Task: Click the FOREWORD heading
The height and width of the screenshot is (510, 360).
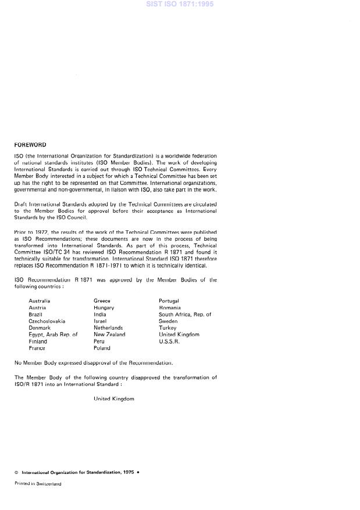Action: point(30,145)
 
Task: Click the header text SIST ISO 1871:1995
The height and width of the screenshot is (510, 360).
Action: point(180,4)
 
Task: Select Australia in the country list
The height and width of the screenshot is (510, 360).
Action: point(40,301)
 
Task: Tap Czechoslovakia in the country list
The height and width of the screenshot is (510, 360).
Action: point(47,321)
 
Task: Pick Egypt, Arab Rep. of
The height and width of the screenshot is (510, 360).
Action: point(53,334)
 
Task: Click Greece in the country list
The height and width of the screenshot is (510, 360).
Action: point(102,301)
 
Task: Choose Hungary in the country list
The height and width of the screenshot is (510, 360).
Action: point(104,308)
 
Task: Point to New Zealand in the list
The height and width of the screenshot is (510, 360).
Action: point(109,334)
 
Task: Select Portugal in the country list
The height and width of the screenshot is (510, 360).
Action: point(169,301)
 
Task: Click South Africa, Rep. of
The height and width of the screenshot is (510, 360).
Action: point(185,314)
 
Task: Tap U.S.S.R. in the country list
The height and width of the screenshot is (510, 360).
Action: point(170,341)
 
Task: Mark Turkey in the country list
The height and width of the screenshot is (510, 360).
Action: point(167,328)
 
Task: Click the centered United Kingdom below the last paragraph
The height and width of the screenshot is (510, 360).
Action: point(114,399)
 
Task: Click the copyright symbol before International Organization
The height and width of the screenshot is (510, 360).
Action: point(16,472)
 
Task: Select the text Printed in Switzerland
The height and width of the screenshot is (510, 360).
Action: point(37,483)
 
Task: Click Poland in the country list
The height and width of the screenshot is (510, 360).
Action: point(102,348)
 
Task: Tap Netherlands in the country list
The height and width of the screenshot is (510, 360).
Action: point(108,328)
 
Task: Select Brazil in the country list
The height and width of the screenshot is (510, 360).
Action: point(36,314)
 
